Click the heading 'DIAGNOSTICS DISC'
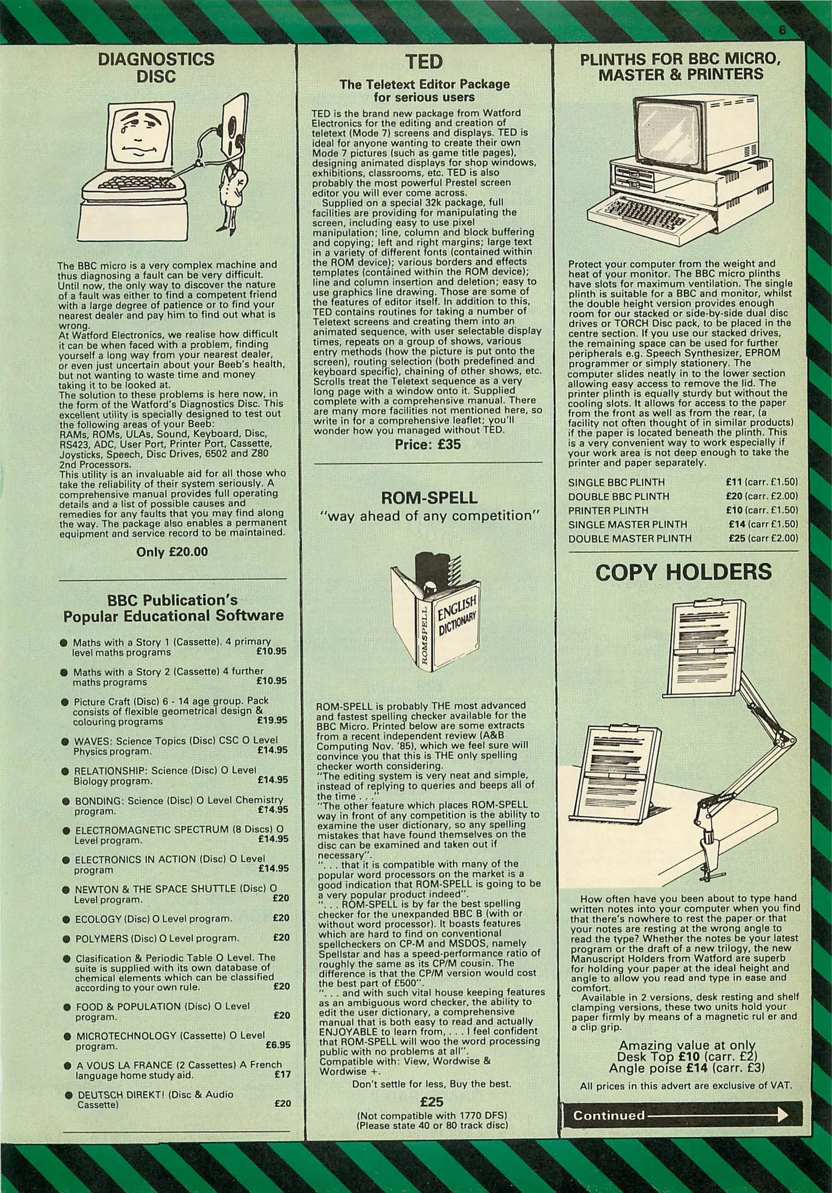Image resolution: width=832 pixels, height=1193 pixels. [156, 67]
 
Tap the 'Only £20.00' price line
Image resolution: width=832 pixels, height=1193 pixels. [172, 552]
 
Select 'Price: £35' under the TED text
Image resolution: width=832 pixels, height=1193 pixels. [428, 444]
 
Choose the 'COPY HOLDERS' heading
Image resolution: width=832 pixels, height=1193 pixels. [683, 573]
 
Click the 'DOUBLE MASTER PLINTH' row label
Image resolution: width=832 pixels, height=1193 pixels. [630, 538]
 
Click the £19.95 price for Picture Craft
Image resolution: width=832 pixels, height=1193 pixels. [272, 720]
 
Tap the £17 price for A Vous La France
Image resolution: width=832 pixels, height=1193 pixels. [283, 1075]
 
